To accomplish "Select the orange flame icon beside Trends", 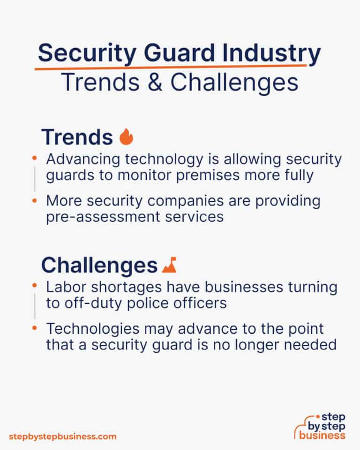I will tap(126, 137).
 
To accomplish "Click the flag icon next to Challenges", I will tap(169, 266).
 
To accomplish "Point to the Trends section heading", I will tap(77, 137).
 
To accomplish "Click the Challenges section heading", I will tap(99, 265).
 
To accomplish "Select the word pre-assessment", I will tap(99, 216).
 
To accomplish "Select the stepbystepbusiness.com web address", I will tap(63, 436).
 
